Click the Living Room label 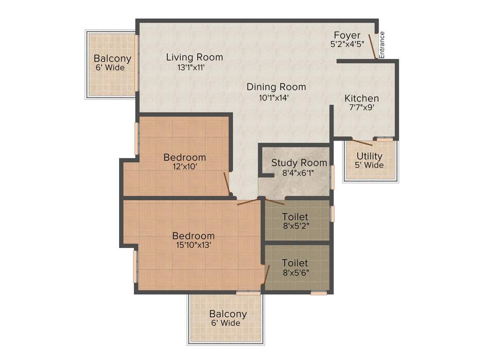[x=195, y=57]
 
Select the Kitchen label [x=361, y=98]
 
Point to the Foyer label [x=347, y=35]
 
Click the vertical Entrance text [x=382, y=45]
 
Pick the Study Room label [x=299, y=163]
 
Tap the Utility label [x=369, y=156]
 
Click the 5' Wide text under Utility [x=369, y=165]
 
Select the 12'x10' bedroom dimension [x=185, y=166]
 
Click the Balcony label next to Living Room [x=112, y=59]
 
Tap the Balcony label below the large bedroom [x=228, y=314]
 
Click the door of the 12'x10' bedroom [x=227, y=184]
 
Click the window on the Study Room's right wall [x=332, y=176]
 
